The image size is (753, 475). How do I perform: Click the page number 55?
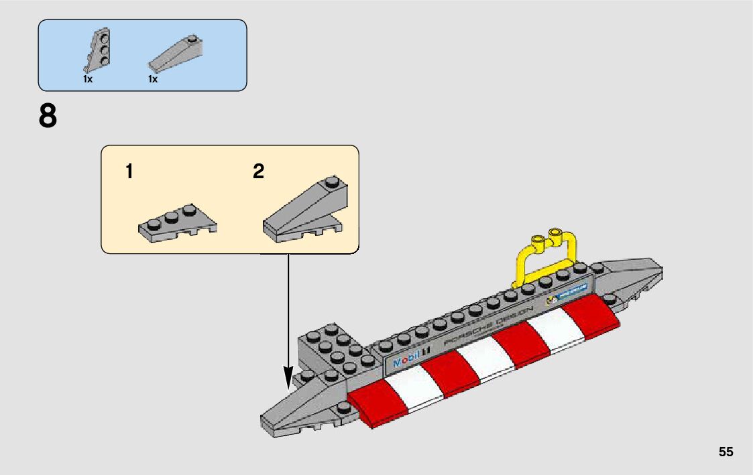(x=726, y=452)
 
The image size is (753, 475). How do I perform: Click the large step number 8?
(x=48, y=117)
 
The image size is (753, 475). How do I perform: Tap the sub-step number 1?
(x=129, y=172)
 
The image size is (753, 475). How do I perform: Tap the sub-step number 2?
(x=258, y=172)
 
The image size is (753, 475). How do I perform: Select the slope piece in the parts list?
(x=175, y=55)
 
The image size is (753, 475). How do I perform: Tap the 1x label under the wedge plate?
(x=88, y=79)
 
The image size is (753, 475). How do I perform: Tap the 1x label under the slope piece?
(x=153, y=79)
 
